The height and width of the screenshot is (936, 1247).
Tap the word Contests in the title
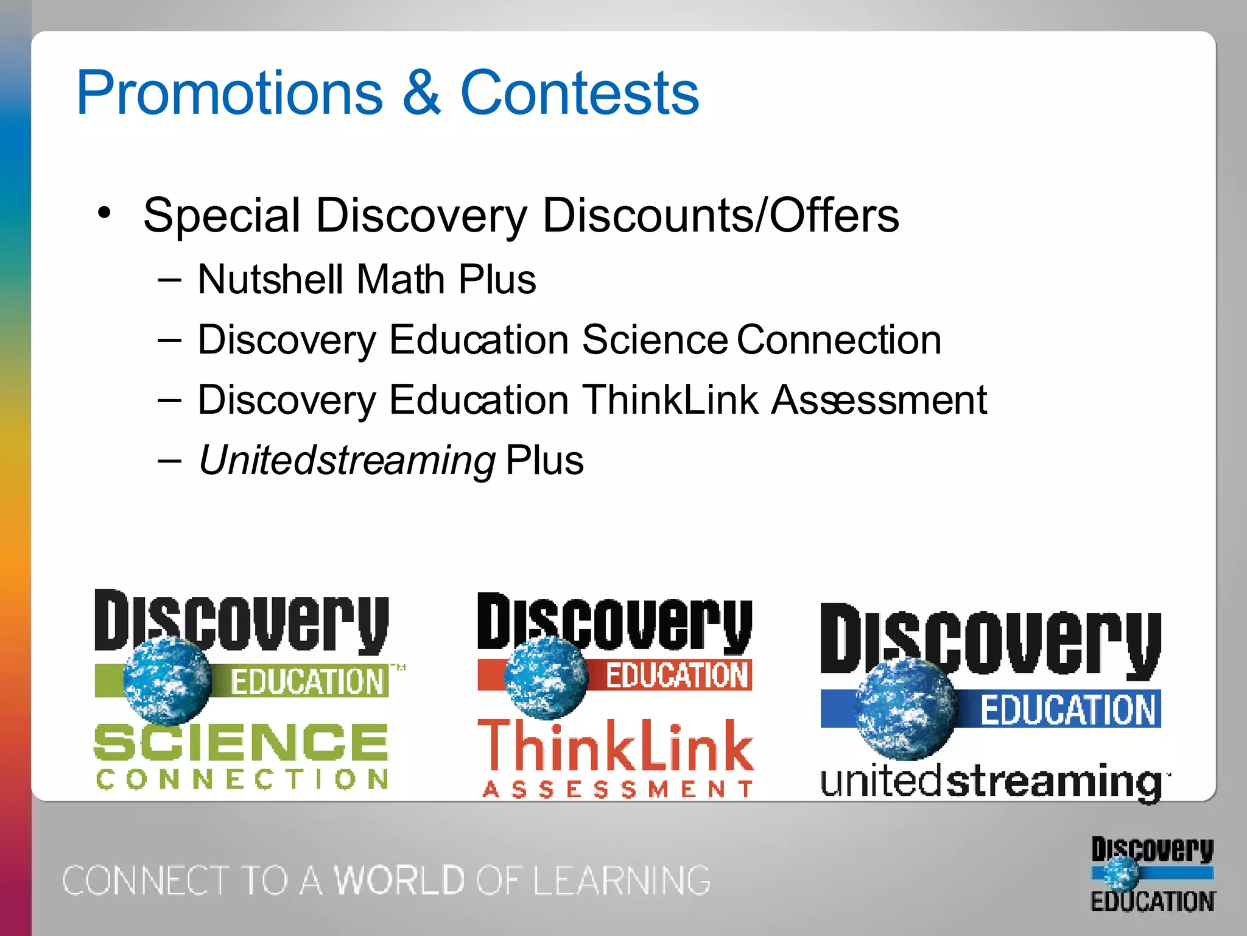coord(579,93)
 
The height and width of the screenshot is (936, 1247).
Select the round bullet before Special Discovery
coord(105,213)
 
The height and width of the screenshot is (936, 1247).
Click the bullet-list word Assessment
coord(879,400)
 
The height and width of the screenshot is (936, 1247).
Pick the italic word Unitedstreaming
coord(346,460)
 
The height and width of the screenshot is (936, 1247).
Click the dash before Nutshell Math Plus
coord(169,280)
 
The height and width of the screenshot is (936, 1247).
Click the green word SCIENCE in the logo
coord(241,742)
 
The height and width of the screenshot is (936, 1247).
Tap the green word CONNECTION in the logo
coord(242,779)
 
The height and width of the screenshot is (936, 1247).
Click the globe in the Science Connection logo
coord(167,679)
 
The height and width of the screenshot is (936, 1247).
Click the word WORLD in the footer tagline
coord(399,880)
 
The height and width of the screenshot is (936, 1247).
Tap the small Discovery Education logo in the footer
coord(1152,874)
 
